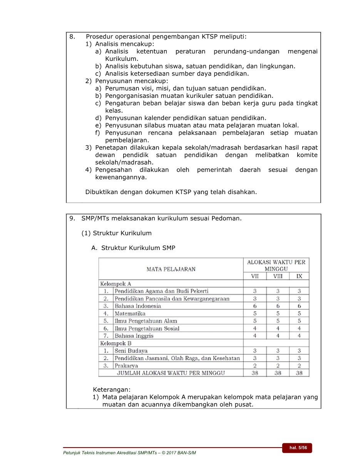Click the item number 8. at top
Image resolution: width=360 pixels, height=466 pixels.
point(72,37)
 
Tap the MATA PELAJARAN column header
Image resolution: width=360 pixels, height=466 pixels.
point(171,269)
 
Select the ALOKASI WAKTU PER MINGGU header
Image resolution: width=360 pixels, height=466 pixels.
point(276,265)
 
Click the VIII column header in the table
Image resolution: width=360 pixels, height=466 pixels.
point(278,276)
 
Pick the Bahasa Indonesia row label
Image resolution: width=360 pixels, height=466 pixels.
point(138,306)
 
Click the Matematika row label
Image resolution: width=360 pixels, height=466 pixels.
point(130,313)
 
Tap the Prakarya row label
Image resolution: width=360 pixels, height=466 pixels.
point(126,365)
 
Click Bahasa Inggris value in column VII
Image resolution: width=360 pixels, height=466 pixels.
point(255,336)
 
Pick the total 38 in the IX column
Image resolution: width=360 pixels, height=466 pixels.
point(299,373)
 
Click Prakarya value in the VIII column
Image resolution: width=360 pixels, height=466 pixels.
point(278,365)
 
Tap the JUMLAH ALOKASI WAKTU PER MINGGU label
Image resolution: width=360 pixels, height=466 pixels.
point(171,373)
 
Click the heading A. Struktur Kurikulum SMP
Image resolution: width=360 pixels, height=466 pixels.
point(133,248)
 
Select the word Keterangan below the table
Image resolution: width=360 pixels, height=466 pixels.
point(112,389)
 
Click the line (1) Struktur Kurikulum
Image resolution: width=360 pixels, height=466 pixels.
point(116,233)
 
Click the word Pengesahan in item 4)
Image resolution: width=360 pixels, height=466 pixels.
point(114,170)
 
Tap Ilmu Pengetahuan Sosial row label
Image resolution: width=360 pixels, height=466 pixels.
point(147,329)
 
